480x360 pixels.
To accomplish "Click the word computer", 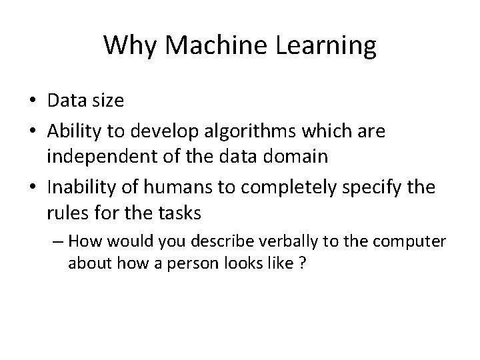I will point(419,239).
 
